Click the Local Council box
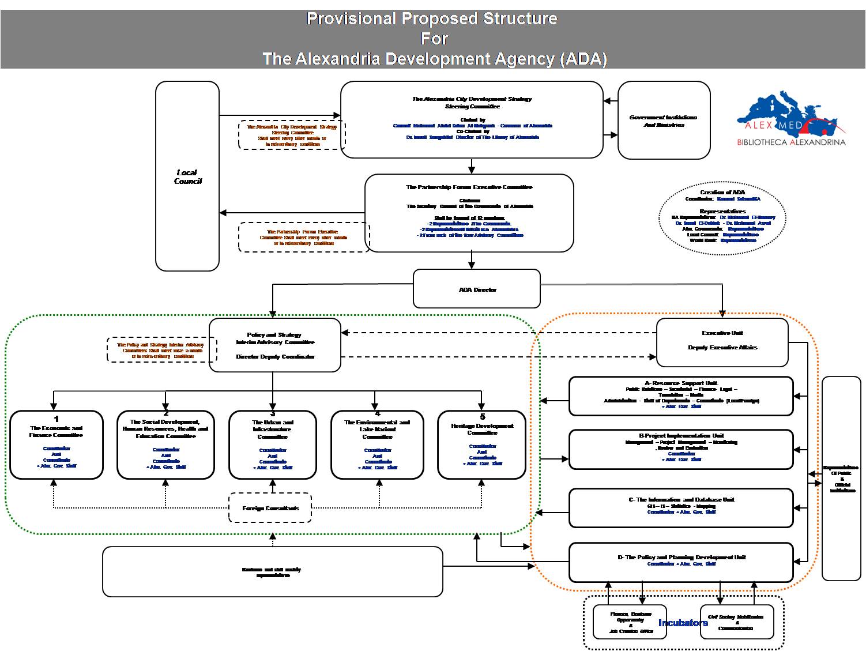pyautogui.click(x=187, y=176)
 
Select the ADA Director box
pyautogui.click(x=477, y=289)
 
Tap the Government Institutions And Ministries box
pyautogui.click(x=664, y=120)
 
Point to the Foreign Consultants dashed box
pyautogui.click(x=270, y=508)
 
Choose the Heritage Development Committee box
pyautogui.click(x=482, y=445)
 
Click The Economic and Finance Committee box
pyautogui.click(x=57, y=445)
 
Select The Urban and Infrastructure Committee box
pyautogui.click(x=273, y=445)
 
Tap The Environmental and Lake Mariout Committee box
pyautogui.click(x=377, y=445)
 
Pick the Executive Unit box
pyautogui.click(x=722, y=342)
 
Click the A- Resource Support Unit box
pyautogui.click(x=681, y=396)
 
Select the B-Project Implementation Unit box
pyautogui.click(x=681, y=449)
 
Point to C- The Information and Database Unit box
pyautogui.click(x=681, y=507)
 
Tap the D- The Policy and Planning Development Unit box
pyautogui.click(x=681, y=562)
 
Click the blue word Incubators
pyautogui.click(x=683, y=623)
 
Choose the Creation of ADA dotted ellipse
pyautogui.click(x=722, y=216)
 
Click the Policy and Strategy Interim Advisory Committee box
pyautogui.click(x=275, y=345)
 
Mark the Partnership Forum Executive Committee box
pyautogui.click(x=469, y=213)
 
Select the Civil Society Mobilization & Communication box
pyautogui.click(x=736, y=622)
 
